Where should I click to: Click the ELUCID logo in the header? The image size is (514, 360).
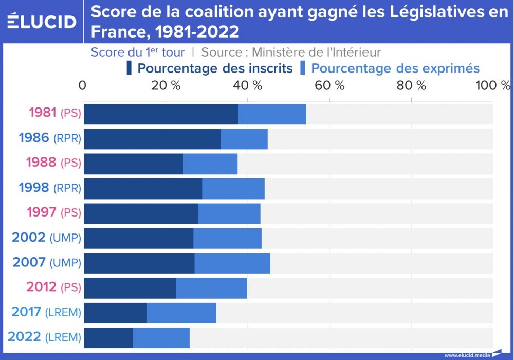(x=42, y=22)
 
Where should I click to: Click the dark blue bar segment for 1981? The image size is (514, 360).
(x=160, y=114)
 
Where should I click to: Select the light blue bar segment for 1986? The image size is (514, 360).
(x=244, y=139)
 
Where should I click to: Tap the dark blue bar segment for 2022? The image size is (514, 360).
(x=108, y=337)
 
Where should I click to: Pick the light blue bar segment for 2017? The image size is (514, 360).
(x=181, y=313)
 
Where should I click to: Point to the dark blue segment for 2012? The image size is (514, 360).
(x=130, y=288)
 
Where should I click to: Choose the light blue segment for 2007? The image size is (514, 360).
(x=232, y=263)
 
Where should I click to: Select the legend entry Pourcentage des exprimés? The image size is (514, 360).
(x=395, y=68)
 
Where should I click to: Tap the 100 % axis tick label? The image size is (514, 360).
(x=493, y=85)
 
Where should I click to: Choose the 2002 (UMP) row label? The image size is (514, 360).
(x=46, y=238)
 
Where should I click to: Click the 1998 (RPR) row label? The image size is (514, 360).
(x=49, y=188)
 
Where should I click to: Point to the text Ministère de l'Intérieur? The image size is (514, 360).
(x=316, y=52)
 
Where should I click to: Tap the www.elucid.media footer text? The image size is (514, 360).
(x=467, y=355)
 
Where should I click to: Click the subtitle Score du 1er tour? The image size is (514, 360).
(x=137, y=52)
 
